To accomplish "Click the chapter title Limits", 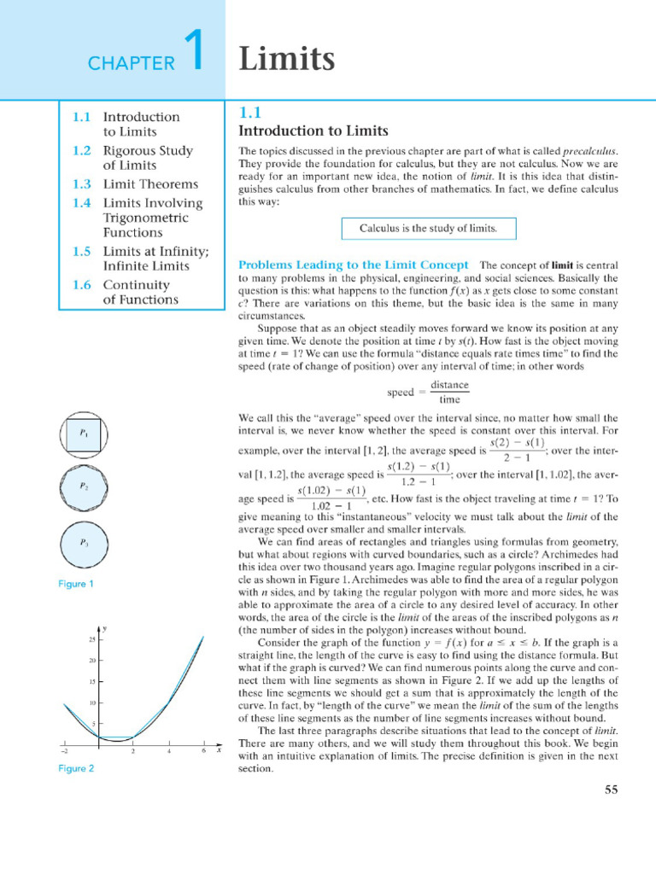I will [286, 59].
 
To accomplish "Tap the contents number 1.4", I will [81, 203].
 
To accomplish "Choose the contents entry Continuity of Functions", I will [141, 292].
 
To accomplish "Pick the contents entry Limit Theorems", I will [150, 184].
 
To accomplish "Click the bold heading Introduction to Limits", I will [313, 131].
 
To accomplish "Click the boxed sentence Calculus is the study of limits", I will [426, 229].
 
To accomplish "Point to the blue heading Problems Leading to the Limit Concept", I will [353, 265].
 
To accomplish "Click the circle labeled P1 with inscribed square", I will [84, 434].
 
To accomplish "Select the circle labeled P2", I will [84, 487].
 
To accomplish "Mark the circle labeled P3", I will [84, 542].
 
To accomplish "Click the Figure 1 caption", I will [75, 584].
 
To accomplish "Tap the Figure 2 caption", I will [75, 768].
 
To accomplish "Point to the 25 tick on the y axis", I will [91, 639].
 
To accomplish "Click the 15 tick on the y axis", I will [91, 682].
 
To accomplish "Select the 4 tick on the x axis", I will [169, 751].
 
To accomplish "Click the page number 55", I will [611, 790].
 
